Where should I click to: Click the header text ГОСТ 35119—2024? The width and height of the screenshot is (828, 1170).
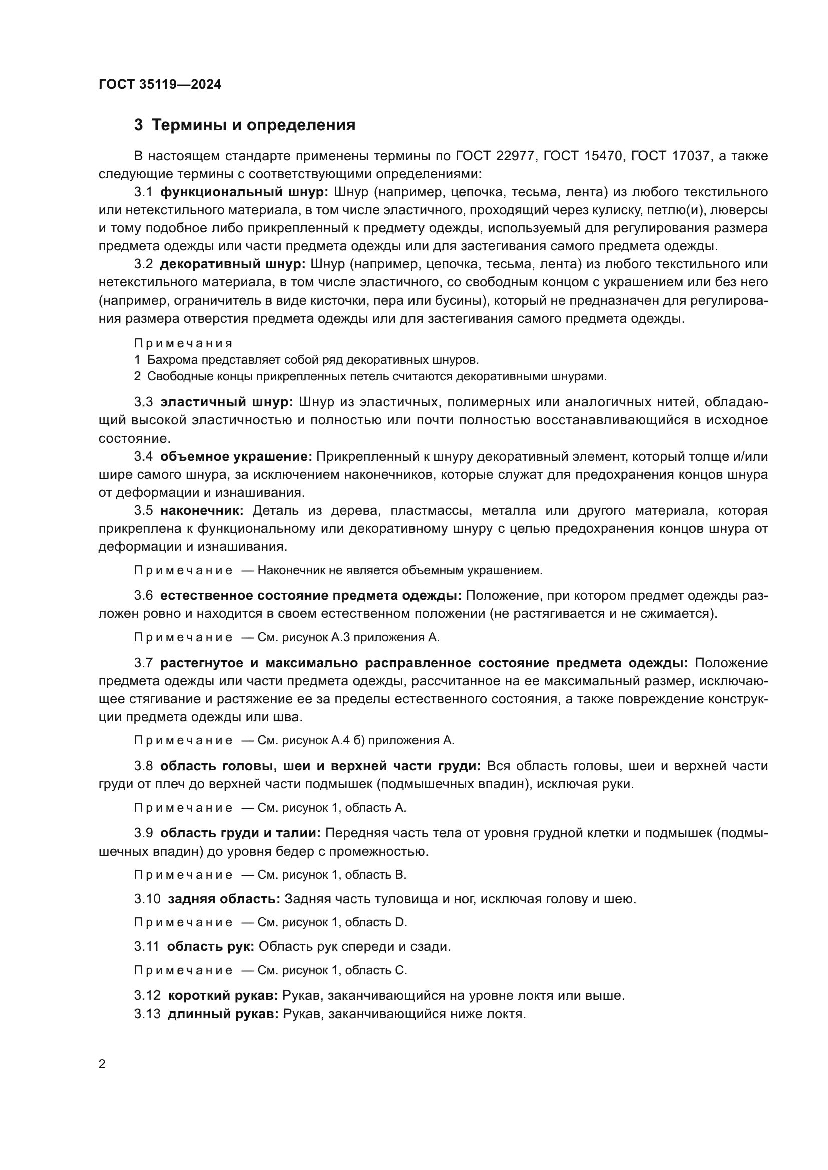point(160,84)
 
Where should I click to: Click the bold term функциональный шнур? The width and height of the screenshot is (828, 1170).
point(244,192)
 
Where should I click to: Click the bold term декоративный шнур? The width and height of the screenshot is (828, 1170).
point(232,264)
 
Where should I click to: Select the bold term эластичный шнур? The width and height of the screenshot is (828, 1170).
point(226,402)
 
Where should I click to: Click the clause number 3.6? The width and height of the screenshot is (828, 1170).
point(143,596)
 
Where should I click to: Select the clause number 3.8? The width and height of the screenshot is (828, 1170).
point(143,766)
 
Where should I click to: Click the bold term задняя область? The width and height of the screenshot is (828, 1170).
point(224,899)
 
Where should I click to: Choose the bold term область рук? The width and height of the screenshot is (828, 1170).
point(211,947)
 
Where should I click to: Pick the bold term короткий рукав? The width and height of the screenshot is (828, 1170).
point(223,996)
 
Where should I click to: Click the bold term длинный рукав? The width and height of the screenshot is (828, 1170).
point(223,1014)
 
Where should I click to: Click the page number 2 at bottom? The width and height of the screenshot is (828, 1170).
point(102,1064)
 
